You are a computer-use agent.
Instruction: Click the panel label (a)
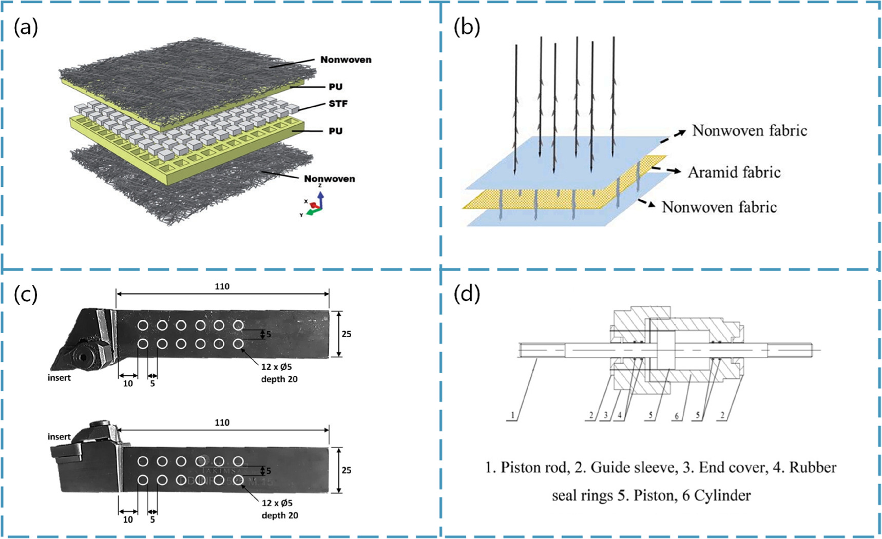coord(26,27)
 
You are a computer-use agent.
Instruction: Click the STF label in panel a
coord(338,104)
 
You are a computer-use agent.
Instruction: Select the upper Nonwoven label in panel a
coord(346,60)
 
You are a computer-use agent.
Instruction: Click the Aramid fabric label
coord(734,172)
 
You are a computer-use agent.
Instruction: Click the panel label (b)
coord(466,27)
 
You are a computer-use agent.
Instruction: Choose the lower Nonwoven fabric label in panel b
coord(719,207)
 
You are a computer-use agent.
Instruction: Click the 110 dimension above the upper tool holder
coord(222,286)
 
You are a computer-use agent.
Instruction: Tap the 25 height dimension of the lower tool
coord(347,470)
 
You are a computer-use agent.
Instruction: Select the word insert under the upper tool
coord(59,378)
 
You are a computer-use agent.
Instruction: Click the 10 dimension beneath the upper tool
coord(128,383)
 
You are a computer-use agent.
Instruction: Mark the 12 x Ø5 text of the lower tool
coord(277,503)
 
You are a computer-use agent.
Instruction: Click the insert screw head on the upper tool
coord(82,356)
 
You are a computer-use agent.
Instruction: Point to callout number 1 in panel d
coord(512,415)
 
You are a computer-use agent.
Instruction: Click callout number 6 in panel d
coord(677,415)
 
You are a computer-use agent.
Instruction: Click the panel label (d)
coord(466,294)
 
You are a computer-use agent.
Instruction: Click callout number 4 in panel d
coord(620,415)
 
